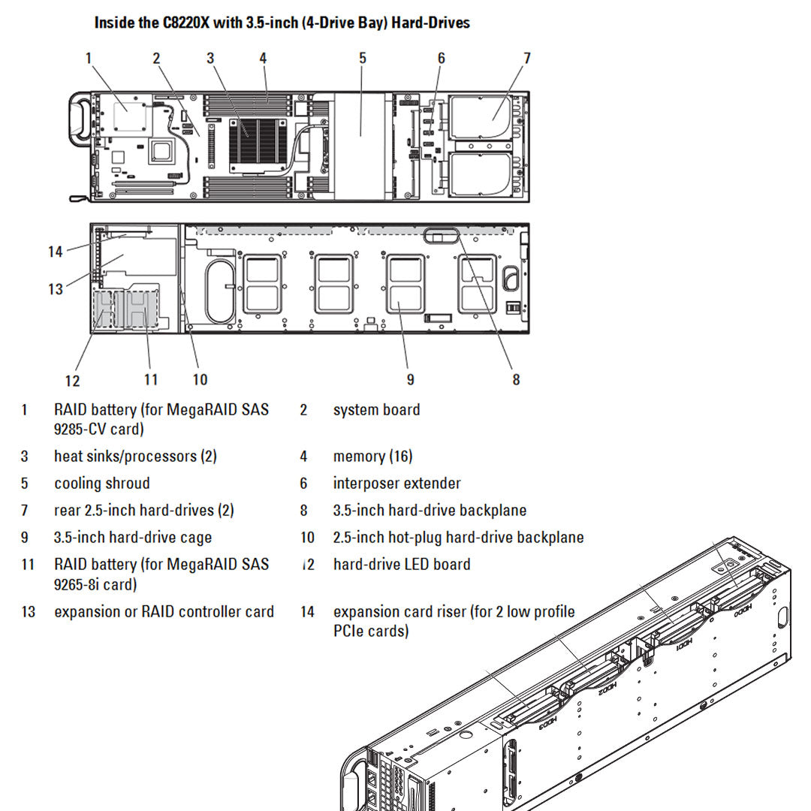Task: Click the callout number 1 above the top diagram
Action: tap(89, 58)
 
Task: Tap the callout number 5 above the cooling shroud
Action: tap(363, 58)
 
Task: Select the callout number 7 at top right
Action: tap(527, 58)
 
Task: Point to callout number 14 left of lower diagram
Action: tap(56, 252)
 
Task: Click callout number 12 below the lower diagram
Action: tap(72, 381)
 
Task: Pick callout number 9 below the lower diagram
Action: tap(410, 380)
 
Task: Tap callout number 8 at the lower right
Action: tap(516, 380)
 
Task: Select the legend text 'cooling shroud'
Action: tap(102, 484)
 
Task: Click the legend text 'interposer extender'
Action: tap(396, 484)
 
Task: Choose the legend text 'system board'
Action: tap(376, 410)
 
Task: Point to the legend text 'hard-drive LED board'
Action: tap(402, 565)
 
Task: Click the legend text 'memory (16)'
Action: tap(372, 457)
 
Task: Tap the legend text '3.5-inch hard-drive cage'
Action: tap(133, 538)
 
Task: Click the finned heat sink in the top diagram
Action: tap(257, 140)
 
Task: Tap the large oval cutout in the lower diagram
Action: tap(220, 291)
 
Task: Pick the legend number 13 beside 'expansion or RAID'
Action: tap(29, 612)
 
